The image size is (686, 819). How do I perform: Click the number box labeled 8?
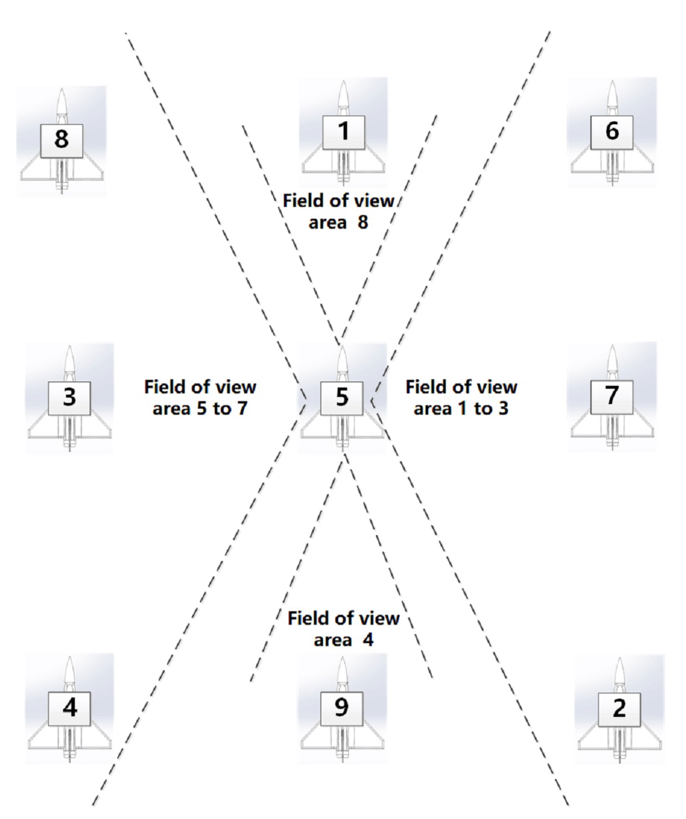pos(61,141)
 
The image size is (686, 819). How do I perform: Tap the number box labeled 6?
pos(612,132)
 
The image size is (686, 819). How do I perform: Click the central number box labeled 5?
pos(342,398)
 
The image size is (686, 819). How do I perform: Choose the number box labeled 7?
pos(612,397)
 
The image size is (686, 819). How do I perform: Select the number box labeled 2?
pos(619,709)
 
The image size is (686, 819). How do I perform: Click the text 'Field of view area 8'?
pos(338,211)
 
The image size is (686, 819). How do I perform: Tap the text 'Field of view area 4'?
pos(344,629)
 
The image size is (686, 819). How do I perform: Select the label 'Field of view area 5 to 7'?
pos(200,397)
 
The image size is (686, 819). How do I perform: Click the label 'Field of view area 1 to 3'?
pos(461,397)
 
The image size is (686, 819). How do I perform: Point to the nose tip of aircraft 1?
pos(344,82)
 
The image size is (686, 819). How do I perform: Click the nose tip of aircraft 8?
pos(62,90)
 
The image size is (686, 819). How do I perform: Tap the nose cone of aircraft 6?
pos(612,94)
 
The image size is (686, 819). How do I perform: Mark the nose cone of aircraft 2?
pos(620,672)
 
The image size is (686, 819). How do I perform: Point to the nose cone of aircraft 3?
pos(70,359)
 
